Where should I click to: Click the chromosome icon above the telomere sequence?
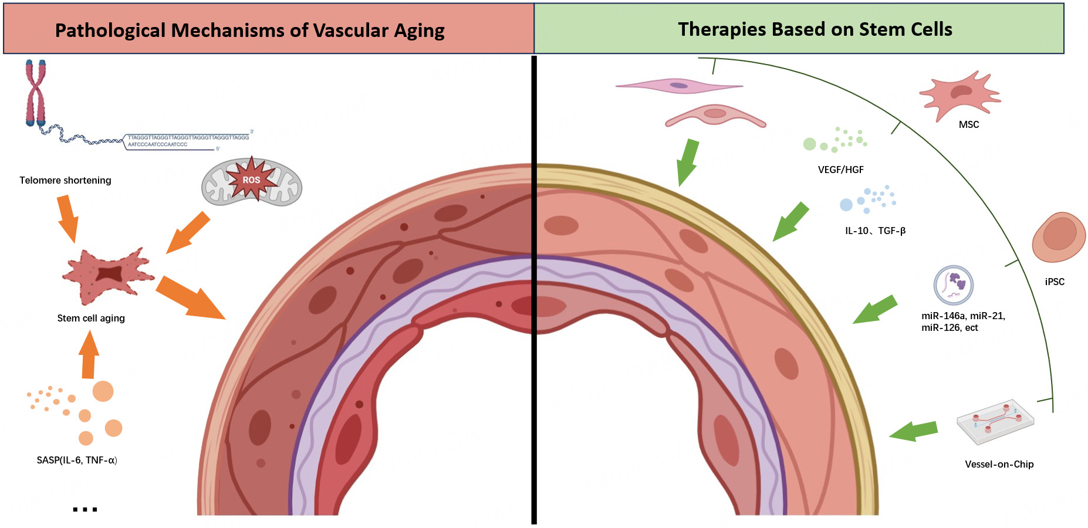(x=35, y=93)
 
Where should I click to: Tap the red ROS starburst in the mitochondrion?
(x=251, y=180)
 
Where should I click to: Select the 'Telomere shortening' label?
(x=65, y=180)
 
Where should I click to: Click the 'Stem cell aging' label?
(x=91, y=318)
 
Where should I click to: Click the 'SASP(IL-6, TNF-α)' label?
(x=77, y=460)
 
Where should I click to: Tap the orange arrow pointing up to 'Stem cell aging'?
(x=89, y=355)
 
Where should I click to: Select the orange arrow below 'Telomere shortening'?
(x=67, y=218)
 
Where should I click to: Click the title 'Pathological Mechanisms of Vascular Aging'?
(x=249, y=30)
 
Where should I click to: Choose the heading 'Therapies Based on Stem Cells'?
(x=815, y=29)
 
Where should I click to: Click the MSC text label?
(x=968, y=124)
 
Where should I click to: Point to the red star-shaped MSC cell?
(x=959, y=94)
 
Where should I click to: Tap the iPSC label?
(x=1054, y=282)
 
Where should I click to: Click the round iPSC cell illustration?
(x=1058, y=236)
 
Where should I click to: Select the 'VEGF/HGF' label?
(x=840, y=170)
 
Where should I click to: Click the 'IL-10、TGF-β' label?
(x=875, y=231)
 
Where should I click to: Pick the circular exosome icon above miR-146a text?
(x=953, y=285)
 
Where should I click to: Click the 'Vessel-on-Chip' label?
(x=999, y=464)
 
